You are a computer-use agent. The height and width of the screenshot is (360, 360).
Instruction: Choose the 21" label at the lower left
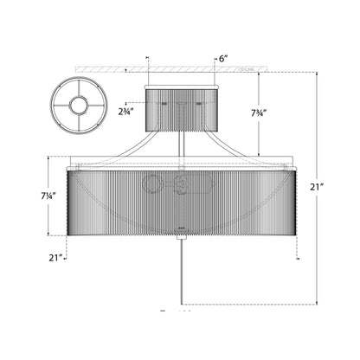[x=57, y=257]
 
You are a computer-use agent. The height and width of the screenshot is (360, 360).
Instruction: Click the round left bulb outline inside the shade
[x=152, y=185]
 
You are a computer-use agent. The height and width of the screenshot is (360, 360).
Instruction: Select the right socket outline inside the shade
[x=183, y=185]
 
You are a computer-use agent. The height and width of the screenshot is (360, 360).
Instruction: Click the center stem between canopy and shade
[x=181, y=145]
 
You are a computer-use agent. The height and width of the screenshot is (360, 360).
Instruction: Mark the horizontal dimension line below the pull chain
[x=242, y=305]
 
